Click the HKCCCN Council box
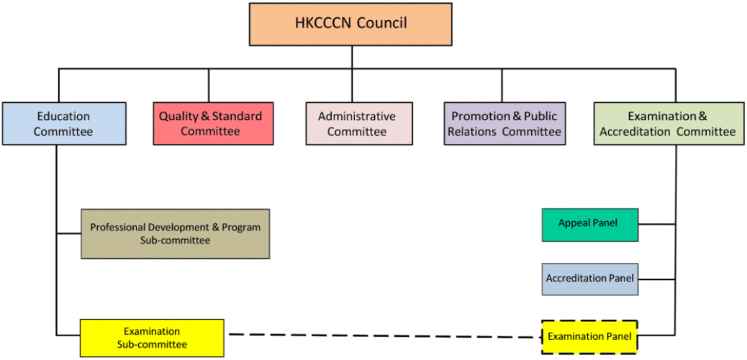(x=350, y=24)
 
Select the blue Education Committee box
(x=63, y=124)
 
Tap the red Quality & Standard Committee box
(x=213, y=124)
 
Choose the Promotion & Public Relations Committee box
(x=504, y=124)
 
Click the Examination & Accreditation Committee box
(x=668, y=124)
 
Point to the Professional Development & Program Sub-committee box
(x=175, y=233)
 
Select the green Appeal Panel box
(x=589, y=224)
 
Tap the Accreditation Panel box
(x=589, y=279)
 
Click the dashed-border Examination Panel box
(x=589, y=336)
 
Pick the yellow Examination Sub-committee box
(x=151, y=338)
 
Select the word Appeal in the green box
(x=574, y=223)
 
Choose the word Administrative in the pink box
(x=357, y=116)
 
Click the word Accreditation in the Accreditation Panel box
(x=576, y=279)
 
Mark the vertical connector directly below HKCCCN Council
(x=351, y=57)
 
